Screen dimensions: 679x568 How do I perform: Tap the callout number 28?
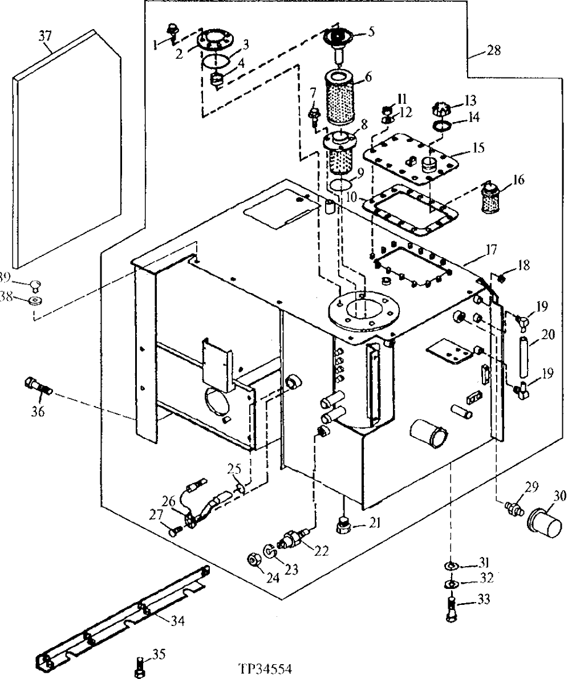[494, 50]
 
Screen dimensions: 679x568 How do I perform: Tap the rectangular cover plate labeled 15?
[412, 157]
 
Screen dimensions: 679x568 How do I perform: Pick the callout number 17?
[492, 249]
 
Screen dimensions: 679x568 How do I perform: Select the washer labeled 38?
[35, 300]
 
